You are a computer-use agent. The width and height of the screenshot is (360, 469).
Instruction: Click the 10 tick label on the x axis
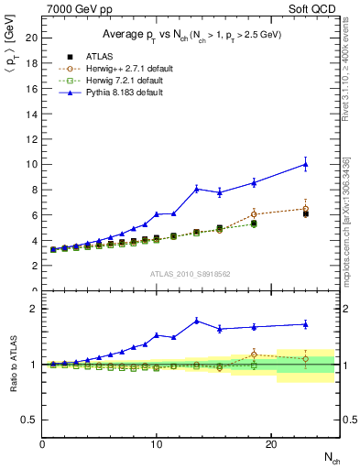(x=157, y=443)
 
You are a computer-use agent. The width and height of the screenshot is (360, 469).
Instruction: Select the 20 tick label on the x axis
(x=271, y=443)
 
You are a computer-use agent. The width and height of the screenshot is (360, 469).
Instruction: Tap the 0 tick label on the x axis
(x=43, y=443)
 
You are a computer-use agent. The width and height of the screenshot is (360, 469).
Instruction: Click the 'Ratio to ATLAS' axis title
(x=12, y=365)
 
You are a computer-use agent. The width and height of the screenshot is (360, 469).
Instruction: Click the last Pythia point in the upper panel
(x=305, y=165)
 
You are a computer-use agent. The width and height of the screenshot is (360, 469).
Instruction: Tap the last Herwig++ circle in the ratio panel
(x=305, y=358)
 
